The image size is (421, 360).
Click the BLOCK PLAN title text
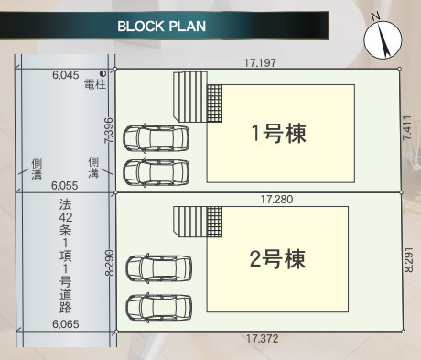click(x=161, y=26)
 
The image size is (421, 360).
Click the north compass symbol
click(x=382, y=38)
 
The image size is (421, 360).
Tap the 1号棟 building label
click(x=278, y=133)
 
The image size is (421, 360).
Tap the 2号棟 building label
click(x=276, y=258)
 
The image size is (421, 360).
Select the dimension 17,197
click(x=261, y=63)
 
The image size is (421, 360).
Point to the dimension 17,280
click(x=275, y=198)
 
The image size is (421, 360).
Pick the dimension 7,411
click(x=408, y=131)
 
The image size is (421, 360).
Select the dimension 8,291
click(x=408, y=258)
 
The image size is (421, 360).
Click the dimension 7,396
click(x=109, y=131)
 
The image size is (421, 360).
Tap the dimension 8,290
click(x=109, y=264)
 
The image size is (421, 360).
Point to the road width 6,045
click(x=66, y=71)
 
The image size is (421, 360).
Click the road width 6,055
click(x=66, y=184)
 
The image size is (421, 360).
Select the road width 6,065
click(x=66, y=323)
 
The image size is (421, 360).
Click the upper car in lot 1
click(x=157, y=139)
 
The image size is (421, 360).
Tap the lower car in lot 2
click(x=159, y=306)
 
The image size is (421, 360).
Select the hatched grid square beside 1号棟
click(x=215, y=100)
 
